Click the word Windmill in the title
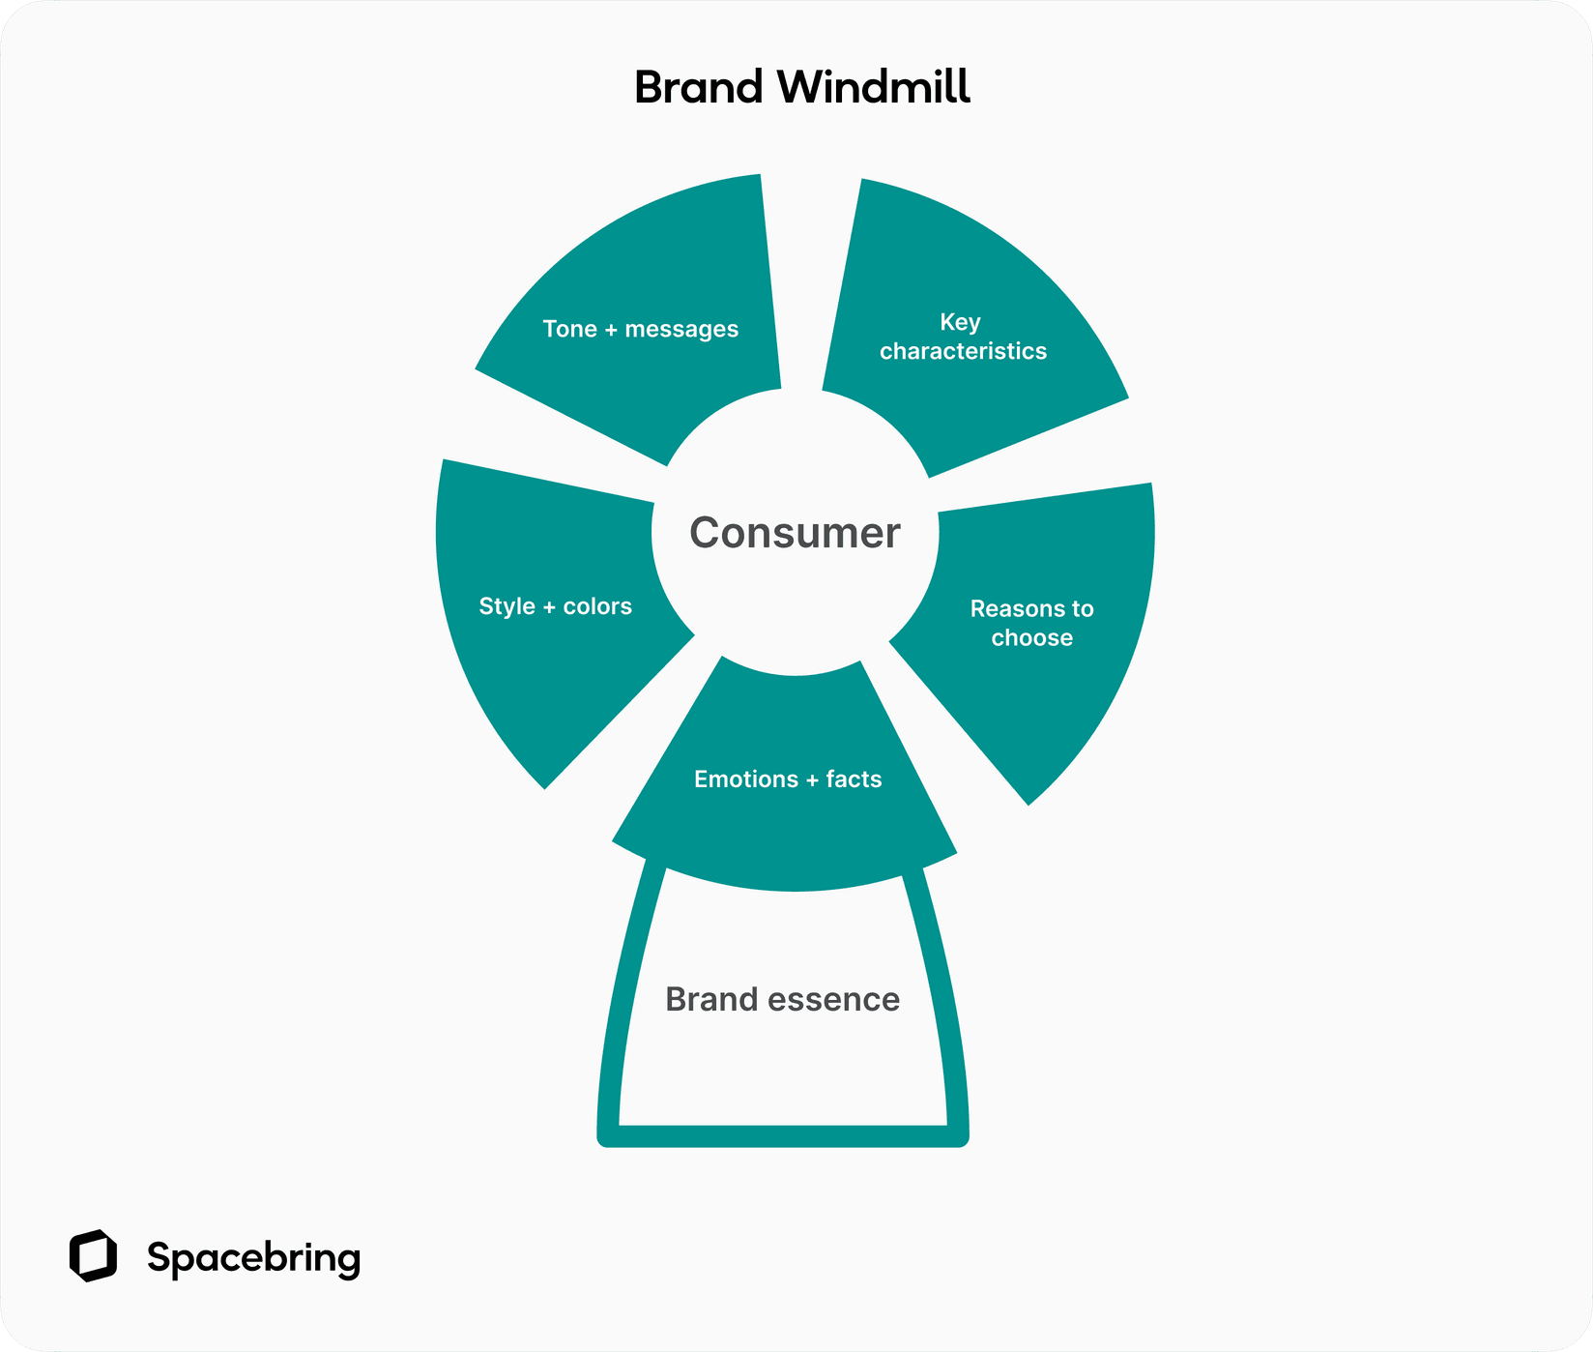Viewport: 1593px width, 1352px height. click(874, 87)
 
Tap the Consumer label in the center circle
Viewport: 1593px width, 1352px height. click(795, 533)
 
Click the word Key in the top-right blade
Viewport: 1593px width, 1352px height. click(960, 322)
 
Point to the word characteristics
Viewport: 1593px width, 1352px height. click(963, 351)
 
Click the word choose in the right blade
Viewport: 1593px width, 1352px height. click(1031, 638)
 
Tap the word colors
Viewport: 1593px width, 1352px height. click(597, 606)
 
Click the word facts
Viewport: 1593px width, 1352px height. click(854, 779)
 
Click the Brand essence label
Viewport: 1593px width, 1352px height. click(782, 999)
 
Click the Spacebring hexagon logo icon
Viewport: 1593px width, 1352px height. click(93, 1256)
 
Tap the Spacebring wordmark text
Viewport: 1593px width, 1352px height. click(253, 1257)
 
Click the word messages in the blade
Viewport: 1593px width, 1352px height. click(681, 330)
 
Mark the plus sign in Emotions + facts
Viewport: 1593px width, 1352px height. click(812, 780)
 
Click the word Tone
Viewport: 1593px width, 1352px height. click(569, 330)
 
